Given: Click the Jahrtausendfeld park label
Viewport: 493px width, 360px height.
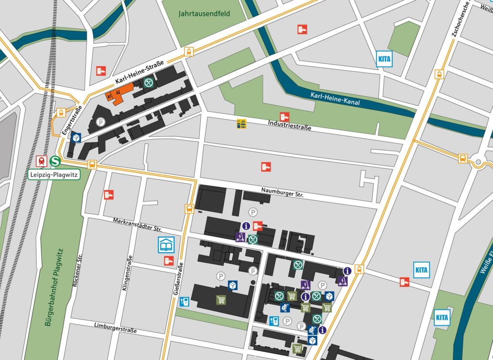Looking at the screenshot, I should tap(205, 13).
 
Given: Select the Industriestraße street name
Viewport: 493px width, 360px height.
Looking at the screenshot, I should tap(289, 126).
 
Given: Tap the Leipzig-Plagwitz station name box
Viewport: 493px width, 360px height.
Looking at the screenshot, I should tap(53, 174).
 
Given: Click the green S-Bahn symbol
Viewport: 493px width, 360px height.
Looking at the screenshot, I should tap(55, 161).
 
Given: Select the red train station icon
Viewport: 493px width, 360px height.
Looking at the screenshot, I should tap(42, 161).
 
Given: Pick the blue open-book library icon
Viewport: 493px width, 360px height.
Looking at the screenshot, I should tap(165, 244).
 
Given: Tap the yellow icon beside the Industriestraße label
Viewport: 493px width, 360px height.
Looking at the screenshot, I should tap(242, 124).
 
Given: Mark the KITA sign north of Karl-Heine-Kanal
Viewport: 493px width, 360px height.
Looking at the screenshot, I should tap(384, 59).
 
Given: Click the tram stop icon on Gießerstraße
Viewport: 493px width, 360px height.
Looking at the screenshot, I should tap(190, 209).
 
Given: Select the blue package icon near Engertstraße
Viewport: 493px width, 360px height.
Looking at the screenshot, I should tap(76, 138).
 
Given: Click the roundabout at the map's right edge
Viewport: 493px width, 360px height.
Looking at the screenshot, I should tap(479, 163).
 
